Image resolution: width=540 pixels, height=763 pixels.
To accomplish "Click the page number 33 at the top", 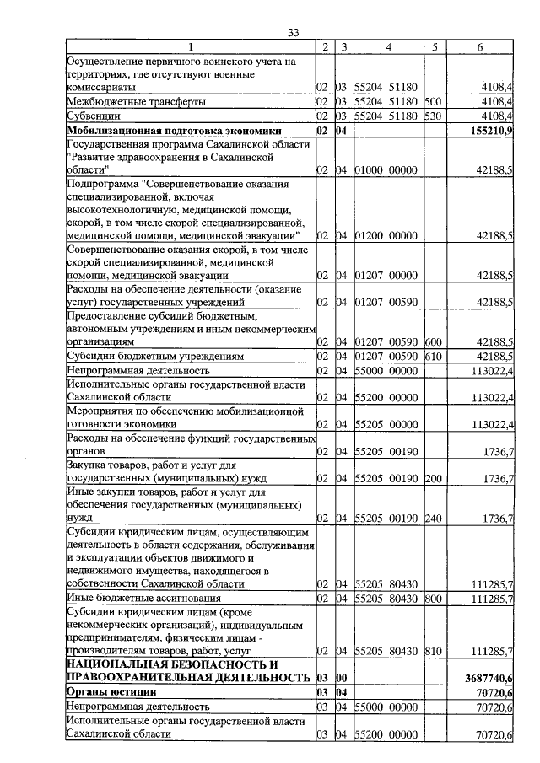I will (x=293, y=33).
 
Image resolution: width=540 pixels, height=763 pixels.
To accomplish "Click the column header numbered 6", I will (x=479, y=47).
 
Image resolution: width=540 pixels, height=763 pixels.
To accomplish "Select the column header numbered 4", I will (x=388, y=47).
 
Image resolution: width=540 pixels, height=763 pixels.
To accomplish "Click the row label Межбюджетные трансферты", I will (x=136, y=102).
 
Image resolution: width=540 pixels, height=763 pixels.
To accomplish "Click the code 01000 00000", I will (x=386, y=170).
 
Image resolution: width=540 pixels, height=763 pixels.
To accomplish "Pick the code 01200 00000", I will (x=386, y=236).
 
